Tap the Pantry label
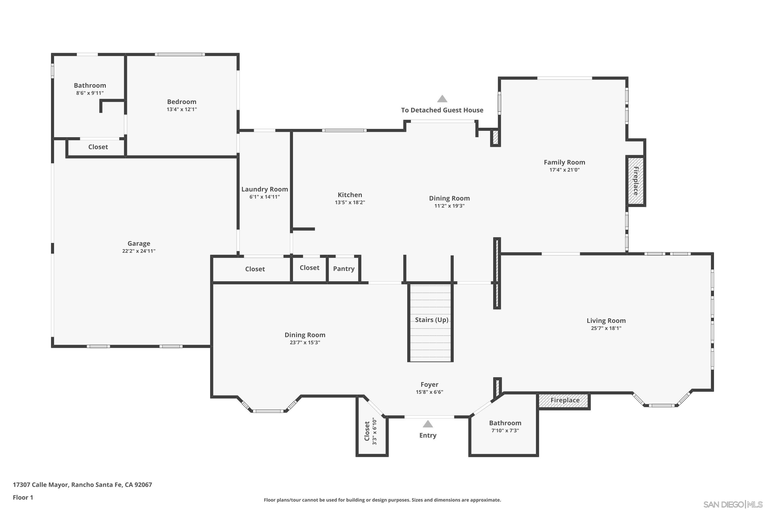coord(343,269)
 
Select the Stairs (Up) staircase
coord(430,322)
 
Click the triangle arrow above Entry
coord(428,424)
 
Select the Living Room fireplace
coord(564,400)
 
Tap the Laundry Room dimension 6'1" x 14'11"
coord(264,197)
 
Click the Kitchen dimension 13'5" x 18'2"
coord(350,202)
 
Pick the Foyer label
coord(429,385)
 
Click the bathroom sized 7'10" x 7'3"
coord(505,426)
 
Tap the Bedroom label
coord(182,102)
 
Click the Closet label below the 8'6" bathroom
coord(98,147)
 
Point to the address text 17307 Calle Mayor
coord(82,485)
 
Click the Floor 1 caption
coord(23,497)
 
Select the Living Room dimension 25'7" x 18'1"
coord(606,328)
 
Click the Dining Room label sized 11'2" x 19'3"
coord(449,198)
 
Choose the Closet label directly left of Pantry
coord(309,268)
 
